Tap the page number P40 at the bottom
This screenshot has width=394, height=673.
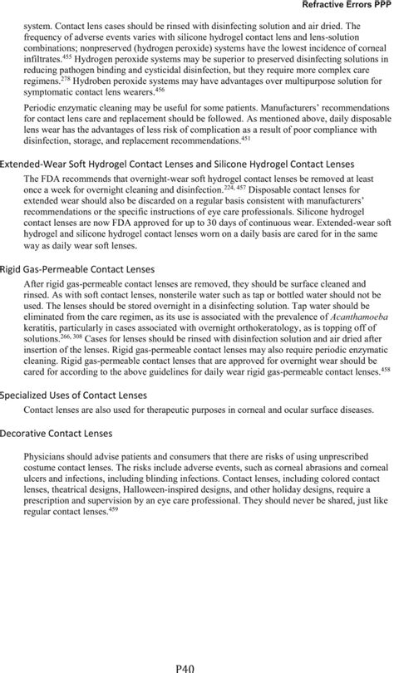(197, 666)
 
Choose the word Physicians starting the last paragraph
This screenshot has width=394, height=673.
(48, 457)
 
